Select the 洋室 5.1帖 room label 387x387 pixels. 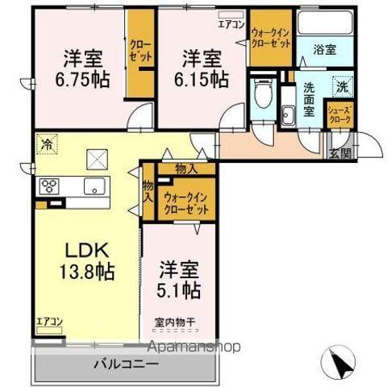click(x=178, y=278)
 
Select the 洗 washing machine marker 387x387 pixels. click(x=342, y=85)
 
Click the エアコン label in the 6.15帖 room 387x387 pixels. click(x=231, y=23)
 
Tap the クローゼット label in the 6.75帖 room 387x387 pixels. click(x=138, y=52)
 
